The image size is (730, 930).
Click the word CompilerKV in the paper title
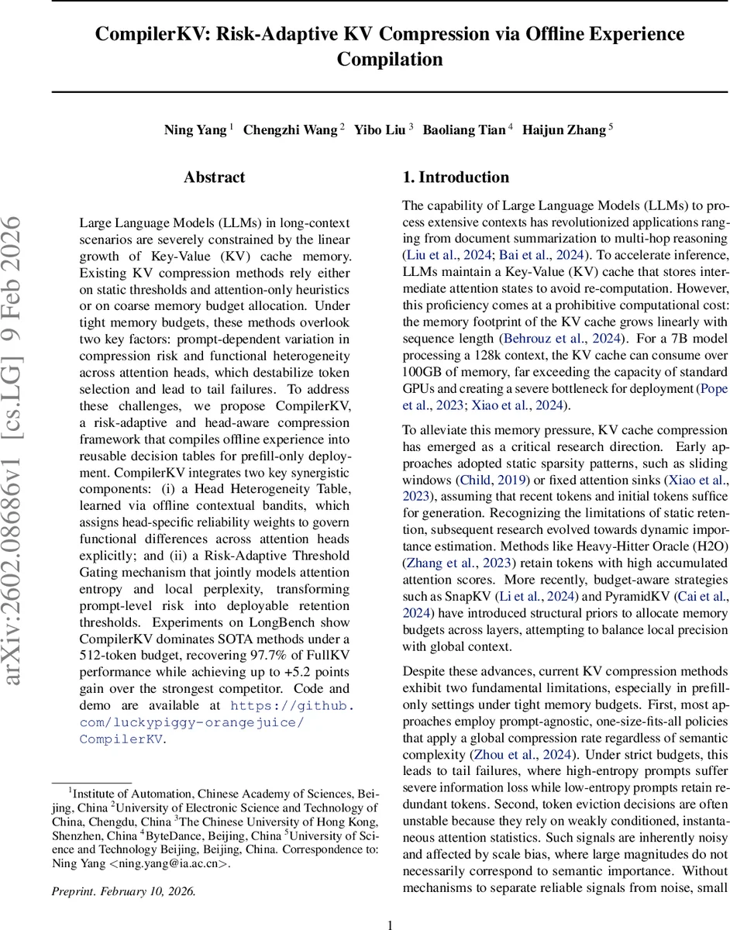click(x=146, y=34)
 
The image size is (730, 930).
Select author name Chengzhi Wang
click(x=291, y=129)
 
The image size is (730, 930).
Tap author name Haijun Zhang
click(x=564, y=129)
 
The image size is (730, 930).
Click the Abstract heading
click(x=215, y=177)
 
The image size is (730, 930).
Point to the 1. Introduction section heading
click(x=456, y=177)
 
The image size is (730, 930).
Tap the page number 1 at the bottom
click(x=391, y=924)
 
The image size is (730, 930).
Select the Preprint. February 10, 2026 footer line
click(x=124, y=890)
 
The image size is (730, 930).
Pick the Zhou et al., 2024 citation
click(x=522, y=754)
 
